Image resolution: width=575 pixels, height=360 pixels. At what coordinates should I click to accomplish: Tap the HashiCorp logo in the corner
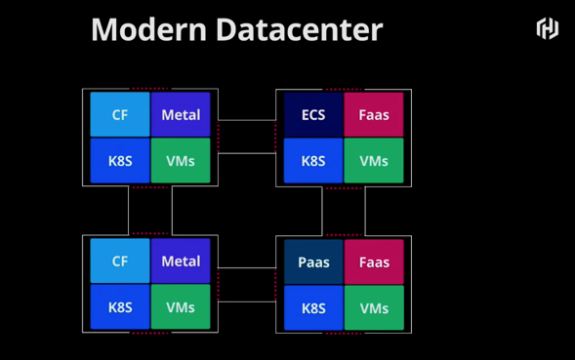pos(547,28)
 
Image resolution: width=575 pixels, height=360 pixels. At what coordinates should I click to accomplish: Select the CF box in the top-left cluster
pos(120,114)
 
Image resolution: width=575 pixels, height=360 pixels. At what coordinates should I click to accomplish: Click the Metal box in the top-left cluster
pos(181,114)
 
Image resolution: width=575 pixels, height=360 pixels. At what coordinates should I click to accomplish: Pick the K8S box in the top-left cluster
pos(120,161)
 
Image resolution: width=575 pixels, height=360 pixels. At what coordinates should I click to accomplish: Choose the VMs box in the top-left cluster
pos(181,161)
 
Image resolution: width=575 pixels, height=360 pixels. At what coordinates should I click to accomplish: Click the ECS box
pos(313,114)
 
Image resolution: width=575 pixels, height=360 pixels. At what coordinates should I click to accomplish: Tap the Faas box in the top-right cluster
pos(374,114)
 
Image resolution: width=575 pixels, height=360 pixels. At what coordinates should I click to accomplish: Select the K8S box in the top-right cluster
pos(313,161)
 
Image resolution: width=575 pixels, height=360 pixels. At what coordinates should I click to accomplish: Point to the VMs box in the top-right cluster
pos(374,161)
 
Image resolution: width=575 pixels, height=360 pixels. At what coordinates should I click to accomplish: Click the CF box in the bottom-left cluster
pos(120,260)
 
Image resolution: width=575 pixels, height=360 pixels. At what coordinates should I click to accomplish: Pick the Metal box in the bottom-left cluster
pos(181,260)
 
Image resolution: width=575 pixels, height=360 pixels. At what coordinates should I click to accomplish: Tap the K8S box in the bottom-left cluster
pos(120,307)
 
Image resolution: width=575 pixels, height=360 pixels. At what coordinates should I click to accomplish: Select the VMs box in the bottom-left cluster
pos(181,307)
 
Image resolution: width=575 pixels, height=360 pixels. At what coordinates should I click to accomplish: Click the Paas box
pos(313,261)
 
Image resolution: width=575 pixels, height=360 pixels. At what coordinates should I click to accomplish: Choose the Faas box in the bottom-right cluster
pos(374,261)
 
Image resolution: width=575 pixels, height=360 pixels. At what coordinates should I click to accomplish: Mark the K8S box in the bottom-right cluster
pos(313,308)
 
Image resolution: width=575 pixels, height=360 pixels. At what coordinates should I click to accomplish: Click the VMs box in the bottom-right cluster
pos(374,308)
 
